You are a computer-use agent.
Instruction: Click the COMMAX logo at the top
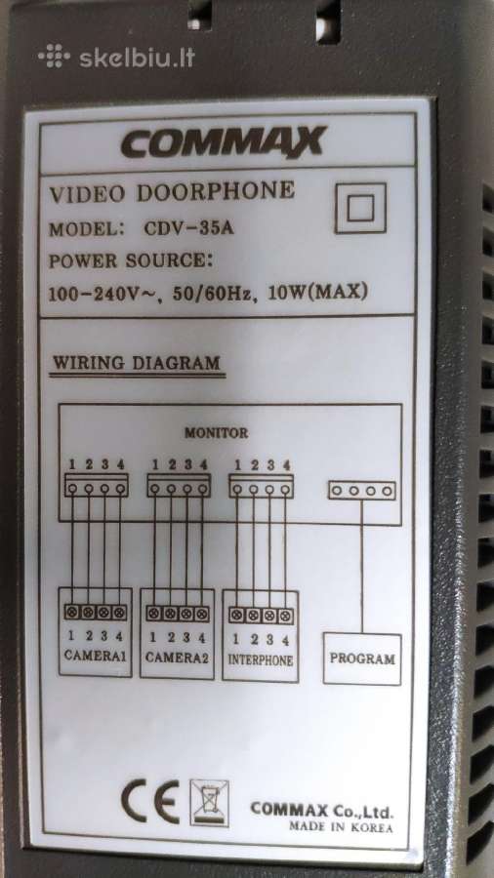[x=224, y=142]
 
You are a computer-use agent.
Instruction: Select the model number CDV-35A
[x=188, y=228]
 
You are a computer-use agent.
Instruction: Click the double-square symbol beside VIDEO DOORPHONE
[x=360, y=208]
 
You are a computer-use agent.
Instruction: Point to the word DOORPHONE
[x=216, y=191]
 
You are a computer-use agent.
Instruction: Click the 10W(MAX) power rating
[x=318, y=292]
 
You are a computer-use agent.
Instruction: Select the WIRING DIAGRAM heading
[x=136, y=363]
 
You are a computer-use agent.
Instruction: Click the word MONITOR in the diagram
[x=216, y=433]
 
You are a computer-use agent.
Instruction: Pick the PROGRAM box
[x=362, y=659]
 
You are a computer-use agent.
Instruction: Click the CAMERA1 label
[x=96, y=656]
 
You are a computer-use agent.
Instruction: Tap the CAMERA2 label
[x=177, y=657]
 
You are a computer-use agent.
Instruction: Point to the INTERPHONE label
[x=261, y=660]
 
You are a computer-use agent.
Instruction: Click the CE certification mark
[x=150, y=801]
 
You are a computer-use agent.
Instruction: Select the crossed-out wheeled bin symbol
[x=210, y=803]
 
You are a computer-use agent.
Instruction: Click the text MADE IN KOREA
[x=341, y=827]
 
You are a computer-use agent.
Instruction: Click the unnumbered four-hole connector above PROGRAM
[x=362, y=491]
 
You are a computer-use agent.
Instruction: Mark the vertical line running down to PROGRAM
[x=362, y=566]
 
